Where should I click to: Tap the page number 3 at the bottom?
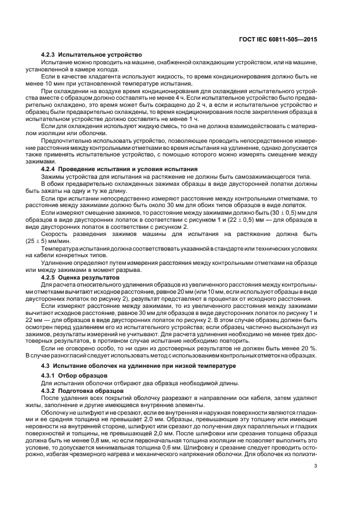point(316,481)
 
